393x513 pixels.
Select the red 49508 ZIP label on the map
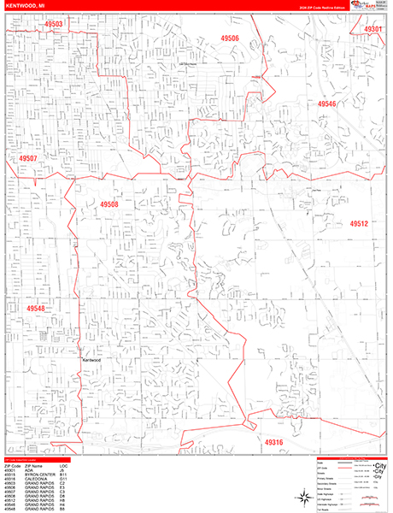(109, 204)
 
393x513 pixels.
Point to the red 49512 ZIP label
(358, 224)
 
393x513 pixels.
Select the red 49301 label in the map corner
(372, 29)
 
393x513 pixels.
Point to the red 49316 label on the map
(273, 442)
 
